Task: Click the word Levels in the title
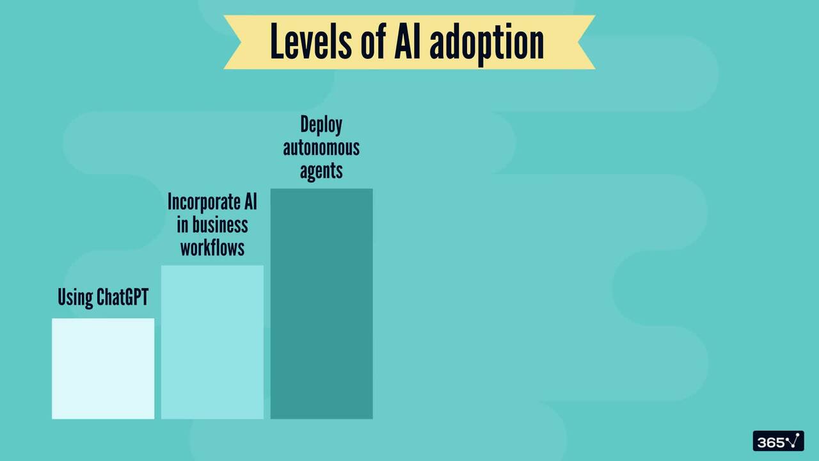(x=308, y=42)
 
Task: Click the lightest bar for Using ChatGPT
(x=103, y=369)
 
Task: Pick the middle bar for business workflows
(x=212, y=342)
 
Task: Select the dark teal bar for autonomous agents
(x=321, y=303)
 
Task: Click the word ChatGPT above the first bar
(x=122, y=298)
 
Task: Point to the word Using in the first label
(x=75, y=298)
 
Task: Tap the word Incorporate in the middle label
(x=202, y=202)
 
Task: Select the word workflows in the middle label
(x=212, y=248)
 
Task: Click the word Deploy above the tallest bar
(x=321, y=125)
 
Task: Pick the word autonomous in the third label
(x=321, y=148)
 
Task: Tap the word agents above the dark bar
(x=321, y=171)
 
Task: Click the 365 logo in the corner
(x=778, y=441)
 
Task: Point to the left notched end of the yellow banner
(x=235, y=42)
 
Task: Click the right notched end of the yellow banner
(x=584, y=42)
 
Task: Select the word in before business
(x=183, y=225)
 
